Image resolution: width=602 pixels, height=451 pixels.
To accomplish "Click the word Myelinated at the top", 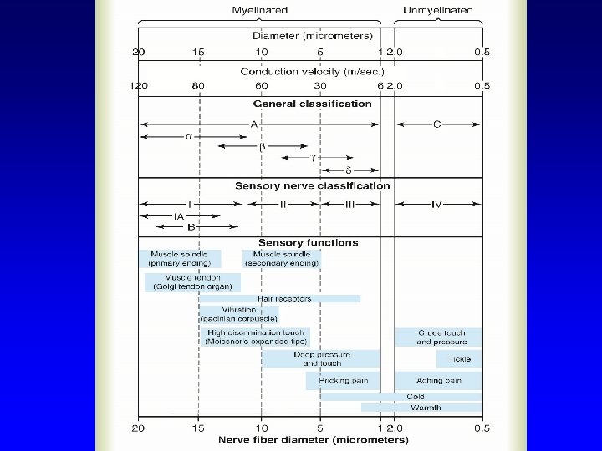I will (x=259, y=10).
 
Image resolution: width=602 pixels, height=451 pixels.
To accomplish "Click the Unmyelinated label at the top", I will (x=437, y=10).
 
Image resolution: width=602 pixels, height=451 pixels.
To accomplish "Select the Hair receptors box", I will (x=284, y=298).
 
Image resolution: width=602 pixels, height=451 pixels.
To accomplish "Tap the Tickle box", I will (x=459, y=359).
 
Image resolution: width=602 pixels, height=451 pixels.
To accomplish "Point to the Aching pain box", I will (x=439, y=380).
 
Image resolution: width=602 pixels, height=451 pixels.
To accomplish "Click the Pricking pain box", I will (x=343, y=380).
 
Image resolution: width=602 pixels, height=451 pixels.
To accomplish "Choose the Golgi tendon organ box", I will (x=192, y=282).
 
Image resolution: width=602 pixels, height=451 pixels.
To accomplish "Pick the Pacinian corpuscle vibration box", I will (x=239, y=314).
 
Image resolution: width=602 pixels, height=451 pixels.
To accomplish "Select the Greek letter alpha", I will (x=189, y=137).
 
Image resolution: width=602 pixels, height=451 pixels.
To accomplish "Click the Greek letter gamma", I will (x=314, y=156).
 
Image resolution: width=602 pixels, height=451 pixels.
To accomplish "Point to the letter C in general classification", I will (x=437, y=124).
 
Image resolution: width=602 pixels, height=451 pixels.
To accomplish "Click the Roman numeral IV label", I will (x=436, y=205).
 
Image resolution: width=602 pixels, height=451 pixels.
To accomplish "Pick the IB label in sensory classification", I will (x=190, y=226).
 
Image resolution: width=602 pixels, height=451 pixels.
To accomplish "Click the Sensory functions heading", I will (x=309, y=243).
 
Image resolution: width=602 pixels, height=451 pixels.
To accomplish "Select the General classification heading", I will (x=313, y=104).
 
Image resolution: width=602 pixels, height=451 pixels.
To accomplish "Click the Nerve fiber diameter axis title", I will (x=314, y=439).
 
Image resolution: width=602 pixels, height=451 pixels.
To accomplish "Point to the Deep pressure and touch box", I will (x=321, y=359).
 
